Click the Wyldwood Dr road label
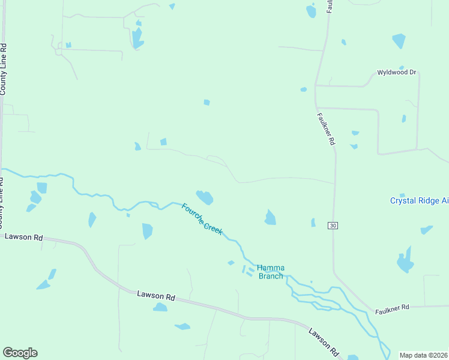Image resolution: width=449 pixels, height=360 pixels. tap(396, 72)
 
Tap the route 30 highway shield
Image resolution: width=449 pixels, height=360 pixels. tap(333, 225)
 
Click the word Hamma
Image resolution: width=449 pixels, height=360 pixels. tap(270, 268)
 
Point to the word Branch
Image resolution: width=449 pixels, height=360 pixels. tap(270, 276)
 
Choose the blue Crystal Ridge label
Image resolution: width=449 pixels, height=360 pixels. tap(418, 201)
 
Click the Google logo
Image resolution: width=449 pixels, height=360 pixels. tap(20, 353)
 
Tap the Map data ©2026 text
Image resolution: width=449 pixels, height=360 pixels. tap(423, 355)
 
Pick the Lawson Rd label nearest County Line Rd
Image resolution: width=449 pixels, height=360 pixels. tap(23, 237)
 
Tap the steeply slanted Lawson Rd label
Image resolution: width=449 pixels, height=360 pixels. tap(325, 340)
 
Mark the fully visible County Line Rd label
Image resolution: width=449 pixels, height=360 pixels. tap(3, 69)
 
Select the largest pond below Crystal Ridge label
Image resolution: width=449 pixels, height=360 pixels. tap(405, 261)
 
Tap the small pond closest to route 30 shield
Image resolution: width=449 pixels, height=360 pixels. tap(313, 223)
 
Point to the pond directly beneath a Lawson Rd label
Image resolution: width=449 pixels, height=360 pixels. tap(160, 307)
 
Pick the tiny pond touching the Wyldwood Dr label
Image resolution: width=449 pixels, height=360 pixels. tap(401, 67)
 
